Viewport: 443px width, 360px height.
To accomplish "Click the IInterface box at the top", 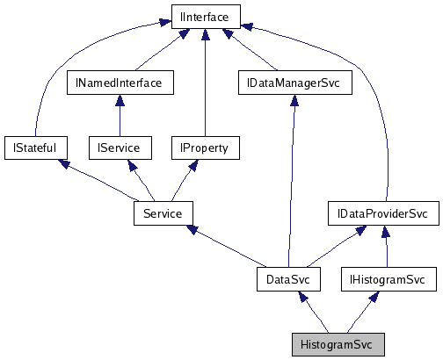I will [x=204, y=17].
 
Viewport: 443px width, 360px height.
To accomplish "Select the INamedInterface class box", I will [x=120, y=83].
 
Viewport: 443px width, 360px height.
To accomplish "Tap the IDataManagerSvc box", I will [x=294, y=83].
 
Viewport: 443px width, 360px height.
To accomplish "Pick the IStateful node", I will [x=35, y=148].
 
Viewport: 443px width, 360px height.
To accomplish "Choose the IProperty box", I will [x=204, y=148].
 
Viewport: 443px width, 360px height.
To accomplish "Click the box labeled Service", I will [x=163, y=213].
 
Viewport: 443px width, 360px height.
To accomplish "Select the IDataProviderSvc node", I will [x=382, y=213].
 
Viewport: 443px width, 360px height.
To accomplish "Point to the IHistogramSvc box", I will [x=388, y=279].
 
